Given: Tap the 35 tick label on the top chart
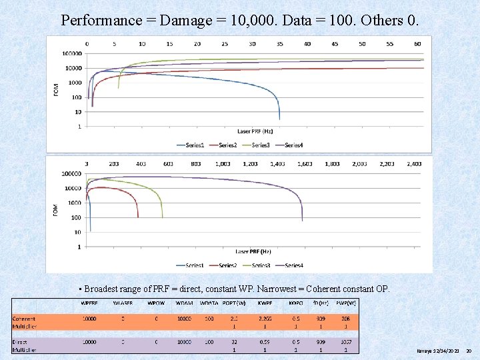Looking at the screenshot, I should tap(279, 44).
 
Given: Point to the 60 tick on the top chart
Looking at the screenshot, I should tap(417, 44).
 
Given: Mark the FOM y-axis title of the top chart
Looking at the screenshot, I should tap(56, 89).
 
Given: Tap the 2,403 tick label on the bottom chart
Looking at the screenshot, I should tap(413, 164).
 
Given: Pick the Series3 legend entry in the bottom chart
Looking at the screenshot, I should tap(260, 265).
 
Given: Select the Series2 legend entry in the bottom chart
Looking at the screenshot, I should tap(227, 265).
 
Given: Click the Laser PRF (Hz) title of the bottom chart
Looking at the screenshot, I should tap(253, 252).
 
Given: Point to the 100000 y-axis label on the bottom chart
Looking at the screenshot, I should tap(71, 174).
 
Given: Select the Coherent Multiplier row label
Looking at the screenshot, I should tap(25, 323).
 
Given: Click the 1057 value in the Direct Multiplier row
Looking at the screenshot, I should tap(345, 341).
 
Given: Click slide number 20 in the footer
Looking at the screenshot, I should tap(469, 350).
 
